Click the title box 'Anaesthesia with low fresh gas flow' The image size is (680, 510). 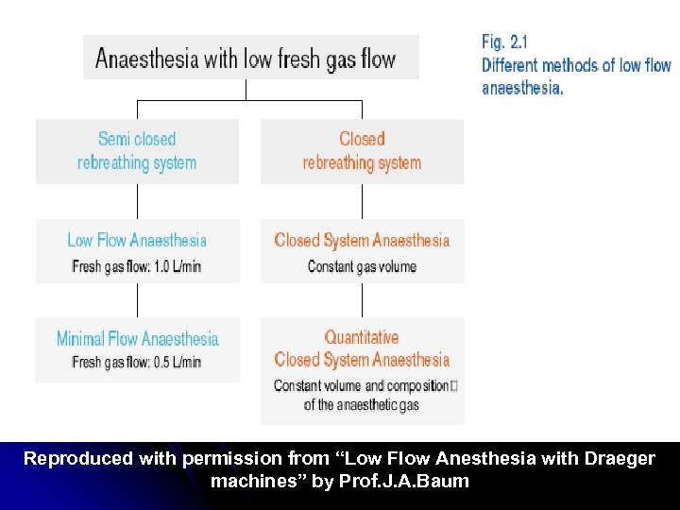coord(250,59)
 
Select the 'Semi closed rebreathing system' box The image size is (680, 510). coord(137,151)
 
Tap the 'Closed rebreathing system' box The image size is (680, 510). coord(362,151)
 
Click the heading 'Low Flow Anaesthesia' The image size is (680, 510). coord(137,240)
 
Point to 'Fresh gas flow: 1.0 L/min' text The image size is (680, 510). coord(137,266)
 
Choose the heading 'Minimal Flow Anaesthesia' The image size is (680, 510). coord(137,338)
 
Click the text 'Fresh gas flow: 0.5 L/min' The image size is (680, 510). coord(137,362)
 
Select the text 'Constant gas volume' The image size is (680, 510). coord(362,266)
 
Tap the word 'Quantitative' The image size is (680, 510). coord(362,337)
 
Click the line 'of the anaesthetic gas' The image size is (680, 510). coord(362,405)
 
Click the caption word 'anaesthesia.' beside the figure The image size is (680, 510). coord(522,88)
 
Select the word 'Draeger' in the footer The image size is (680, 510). coord(614,459)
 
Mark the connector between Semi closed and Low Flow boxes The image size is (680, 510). coord(138,201)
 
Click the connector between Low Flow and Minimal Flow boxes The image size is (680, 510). coord(138,299)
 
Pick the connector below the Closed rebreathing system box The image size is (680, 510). coord(363,201)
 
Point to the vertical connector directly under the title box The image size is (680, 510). coord(246,89)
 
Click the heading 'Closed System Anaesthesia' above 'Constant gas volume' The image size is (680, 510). coord(362,240)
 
